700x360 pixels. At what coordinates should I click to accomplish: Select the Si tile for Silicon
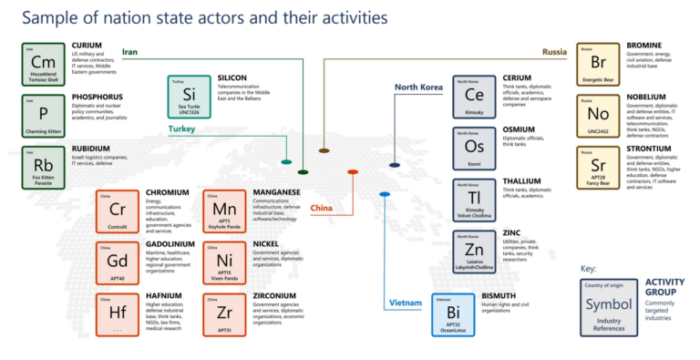click(x=190, y=96)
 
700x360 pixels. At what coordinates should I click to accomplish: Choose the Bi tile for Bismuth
click(x=453, y=314)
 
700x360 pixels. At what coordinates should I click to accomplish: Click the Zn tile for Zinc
click(x=474, y=251)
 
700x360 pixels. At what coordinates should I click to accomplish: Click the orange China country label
click(x=322, y=208)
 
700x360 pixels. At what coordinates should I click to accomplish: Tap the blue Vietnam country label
click(x=407, y=302)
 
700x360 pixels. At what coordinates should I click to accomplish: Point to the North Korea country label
click(x=418, y=87)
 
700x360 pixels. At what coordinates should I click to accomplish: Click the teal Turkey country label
click(x=181, y=129)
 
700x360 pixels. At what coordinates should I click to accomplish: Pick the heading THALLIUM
click(x=523, y=181)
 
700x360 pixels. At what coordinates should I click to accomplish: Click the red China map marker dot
click(x=353, y=171)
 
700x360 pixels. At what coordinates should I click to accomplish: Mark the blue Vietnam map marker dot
click(x=385, y=194)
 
